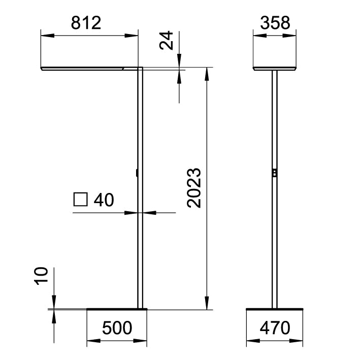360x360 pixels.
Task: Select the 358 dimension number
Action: pos(274,23)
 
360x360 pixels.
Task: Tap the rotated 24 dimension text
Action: pos(167,40)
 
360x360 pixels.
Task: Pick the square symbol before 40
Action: pos(81,200)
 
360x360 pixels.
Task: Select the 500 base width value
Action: pos(117,328)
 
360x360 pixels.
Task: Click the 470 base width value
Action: pos(274,328)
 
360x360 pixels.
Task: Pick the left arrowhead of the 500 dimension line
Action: pos(92,341)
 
